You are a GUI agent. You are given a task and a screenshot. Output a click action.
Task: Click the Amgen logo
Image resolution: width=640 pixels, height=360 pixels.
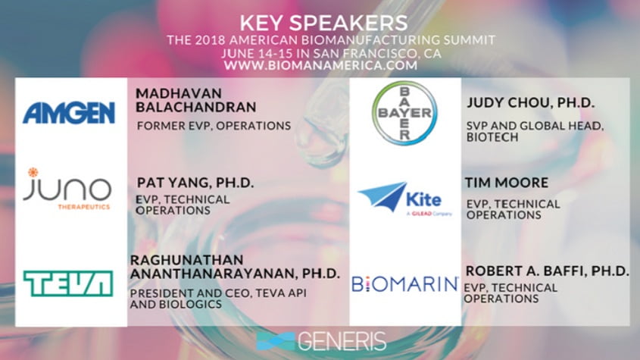click(69, 113)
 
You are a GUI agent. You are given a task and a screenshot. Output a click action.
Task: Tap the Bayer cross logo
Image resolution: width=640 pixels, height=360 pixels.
click(404, 113)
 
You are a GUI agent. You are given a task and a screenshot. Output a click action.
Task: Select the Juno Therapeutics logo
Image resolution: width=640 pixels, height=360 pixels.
click(67, 189)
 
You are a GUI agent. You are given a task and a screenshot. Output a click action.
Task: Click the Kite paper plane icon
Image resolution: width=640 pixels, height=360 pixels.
click(382, 196)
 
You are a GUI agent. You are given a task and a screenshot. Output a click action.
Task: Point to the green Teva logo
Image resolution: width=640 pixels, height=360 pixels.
click(68, 283)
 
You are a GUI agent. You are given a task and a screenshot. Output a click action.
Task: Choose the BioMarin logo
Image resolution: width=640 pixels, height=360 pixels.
click(405, 284)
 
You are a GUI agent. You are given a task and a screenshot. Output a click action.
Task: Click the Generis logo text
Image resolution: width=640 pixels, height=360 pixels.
click(342, 341)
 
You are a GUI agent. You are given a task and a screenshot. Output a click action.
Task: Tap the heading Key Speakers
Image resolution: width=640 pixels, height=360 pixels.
click(323, 23)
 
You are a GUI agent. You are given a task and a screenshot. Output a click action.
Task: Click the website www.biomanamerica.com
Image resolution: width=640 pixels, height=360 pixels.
click(320, 65)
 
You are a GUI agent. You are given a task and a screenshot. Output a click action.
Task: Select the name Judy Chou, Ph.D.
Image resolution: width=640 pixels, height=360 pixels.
click(531, 102)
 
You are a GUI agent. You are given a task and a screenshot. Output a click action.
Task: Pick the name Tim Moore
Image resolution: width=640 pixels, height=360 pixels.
click(507, 182)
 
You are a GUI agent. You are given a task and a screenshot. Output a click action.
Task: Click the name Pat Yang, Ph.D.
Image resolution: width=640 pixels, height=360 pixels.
click(195, 183)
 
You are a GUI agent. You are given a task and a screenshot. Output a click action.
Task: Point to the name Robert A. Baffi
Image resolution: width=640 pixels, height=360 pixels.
click(526, 271)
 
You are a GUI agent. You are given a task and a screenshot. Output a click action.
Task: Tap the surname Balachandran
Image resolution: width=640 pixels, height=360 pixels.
click(196, 107)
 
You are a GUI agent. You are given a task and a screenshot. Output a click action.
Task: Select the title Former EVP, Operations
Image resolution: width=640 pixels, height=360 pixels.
click(214, 126)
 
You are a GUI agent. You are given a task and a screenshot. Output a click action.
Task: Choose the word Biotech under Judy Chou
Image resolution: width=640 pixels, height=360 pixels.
click(492, 137)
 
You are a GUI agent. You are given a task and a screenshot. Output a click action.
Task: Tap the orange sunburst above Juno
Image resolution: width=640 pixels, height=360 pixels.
click(33, 172)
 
